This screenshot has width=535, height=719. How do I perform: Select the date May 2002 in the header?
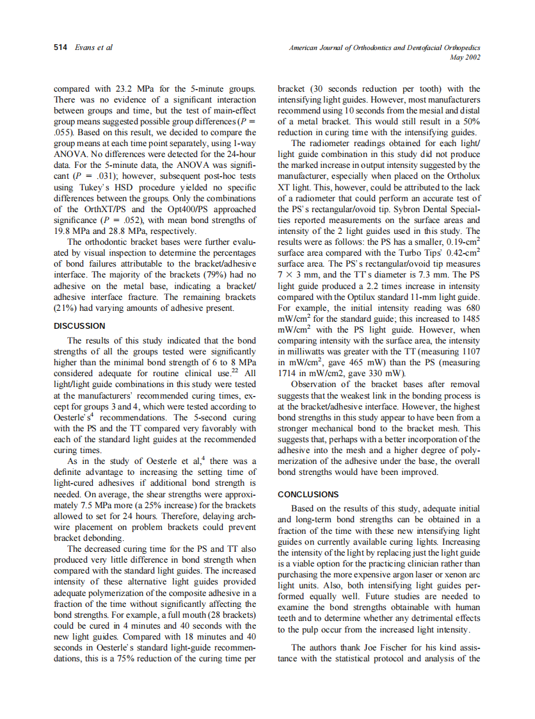coord(466,57)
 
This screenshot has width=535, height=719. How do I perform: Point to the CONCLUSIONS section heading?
coord(308,494)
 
